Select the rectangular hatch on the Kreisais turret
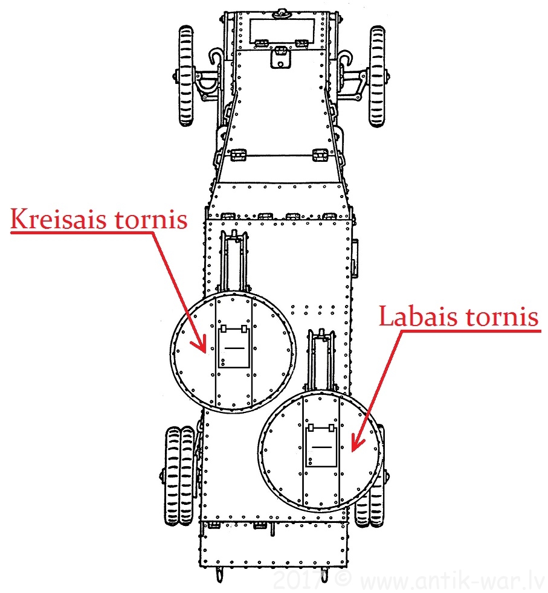(233, 347)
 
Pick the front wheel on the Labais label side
(378, 75)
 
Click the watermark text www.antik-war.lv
(450, 581)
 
